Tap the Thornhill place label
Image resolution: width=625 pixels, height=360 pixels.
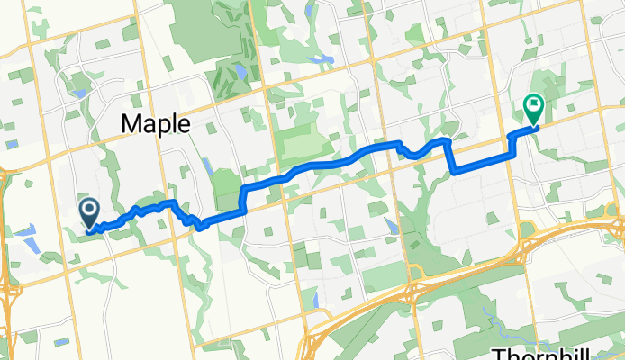coord(557,352)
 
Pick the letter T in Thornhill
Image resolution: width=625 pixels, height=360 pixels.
coord(500,352)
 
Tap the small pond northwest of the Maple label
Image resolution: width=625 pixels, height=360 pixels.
coord(81,93)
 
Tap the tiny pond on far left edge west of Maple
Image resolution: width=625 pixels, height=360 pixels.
coord(12,144)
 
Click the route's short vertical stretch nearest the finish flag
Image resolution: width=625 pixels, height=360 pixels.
coord(512,144)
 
